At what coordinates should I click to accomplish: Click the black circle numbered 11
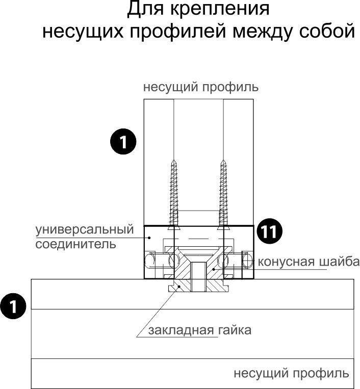pyautogui.click(x=269, y=232)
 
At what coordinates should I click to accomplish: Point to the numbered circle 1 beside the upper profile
pyautogui.click(x=123, y=142)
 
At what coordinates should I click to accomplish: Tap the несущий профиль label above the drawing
pyautogui.click(x=200, y=87)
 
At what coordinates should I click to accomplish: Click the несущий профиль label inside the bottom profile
pyautogui.click(x=291, y=373)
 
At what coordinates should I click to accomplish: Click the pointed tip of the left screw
pyautogui.click(x=174, y=162)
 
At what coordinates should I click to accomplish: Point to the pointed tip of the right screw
pyautogui.click(x=223, y=162)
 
